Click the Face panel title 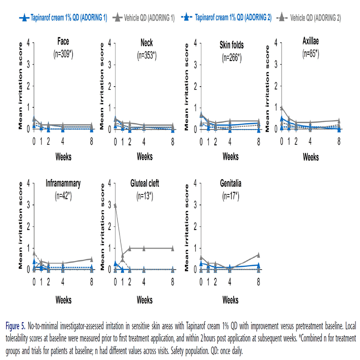coord(63,42)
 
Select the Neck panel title coord(147,43)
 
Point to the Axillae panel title coord(311,42)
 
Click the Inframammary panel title coord(63,184)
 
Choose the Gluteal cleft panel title coord(147,184)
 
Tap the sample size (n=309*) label coord(63,55)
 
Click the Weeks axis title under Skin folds coord(230,157)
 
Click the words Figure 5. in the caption coord(14,325)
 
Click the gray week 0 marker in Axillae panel coord(282,108)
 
